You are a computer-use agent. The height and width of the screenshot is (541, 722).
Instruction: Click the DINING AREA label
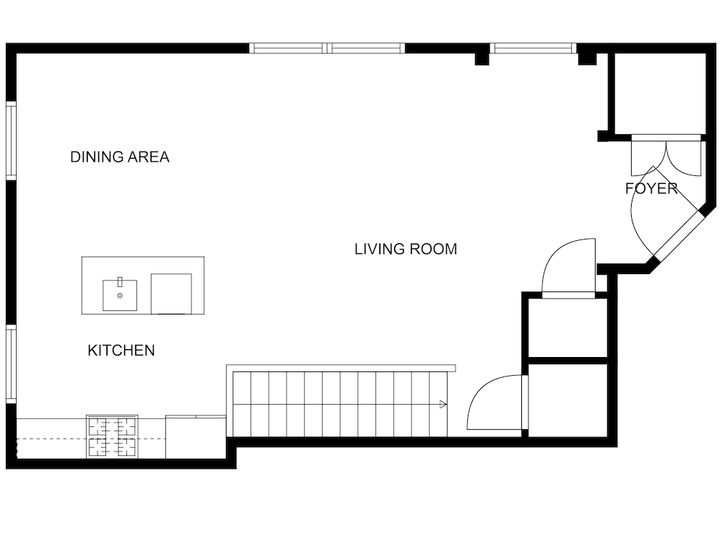point(120,157)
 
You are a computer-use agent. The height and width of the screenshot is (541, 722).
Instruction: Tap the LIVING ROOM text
point(406,249)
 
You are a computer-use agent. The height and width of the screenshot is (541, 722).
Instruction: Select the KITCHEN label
point(121,351)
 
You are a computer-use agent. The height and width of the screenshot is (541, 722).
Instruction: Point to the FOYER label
point(651,188)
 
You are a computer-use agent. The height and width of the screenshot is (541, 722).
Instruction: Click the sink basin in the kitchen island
point(120,295)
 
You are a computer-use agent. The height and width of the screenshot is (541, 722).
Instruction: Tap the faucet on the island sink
point(120,282)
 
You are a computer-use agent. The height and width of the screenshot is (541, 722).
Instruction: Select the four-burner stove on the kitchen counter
point(112,436)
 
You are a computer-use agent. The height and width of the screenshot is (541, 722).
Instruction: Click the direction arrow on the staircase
point(443,405)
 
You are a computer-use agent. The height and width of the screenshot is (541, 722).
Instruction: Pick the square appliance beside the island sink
point(171,294)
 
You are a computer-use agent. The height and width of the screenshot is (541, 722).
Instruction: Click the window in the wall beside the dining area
point(11,140)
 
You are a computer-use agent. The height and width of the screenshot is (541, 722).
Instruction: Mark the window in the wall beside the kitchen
point(11,364)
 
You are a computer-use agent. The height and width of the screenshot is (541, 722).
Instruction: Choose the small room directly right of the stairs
point(567,400)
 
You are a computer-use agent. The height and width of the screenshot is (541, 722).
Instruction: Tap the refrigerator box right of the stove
point(196,437)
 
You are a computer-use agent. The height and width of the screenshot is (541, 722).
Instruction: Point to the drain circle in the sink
point(120,296)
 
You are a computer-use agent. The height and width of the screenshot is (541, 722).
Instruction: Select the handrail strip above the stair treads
point(341,368)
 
